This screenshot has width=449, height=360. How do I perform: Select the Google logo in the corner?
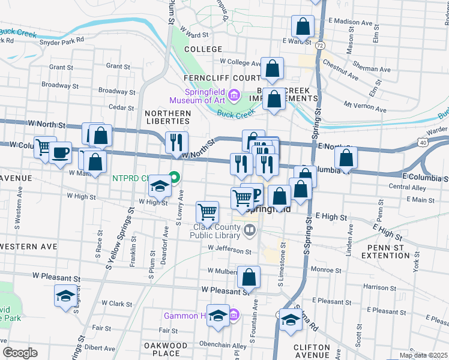[20, 353]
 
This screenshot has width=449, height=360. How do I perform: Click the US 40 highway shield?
[423, 142]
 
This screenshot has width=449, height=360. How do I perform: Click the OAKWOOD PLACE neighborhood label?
[166, 349]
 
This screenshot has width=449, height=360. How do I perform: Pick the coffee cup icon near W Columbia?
[60, 153]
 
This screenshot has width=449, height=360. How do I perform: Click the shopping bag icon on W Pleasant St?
[249, 277]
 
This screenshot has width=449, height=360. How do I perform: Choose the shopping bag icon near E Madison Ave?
[303, 26]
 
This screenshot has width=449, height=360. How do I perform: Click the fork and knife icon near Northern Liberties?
[176, 143]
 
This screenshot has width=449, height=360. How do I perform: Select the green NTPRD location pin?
[174, 178]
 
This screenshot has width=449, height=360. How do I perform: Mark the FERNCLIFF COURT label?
[222, 79]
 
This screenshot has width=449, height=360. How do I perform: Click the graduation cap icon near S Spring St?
[291, 319]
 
